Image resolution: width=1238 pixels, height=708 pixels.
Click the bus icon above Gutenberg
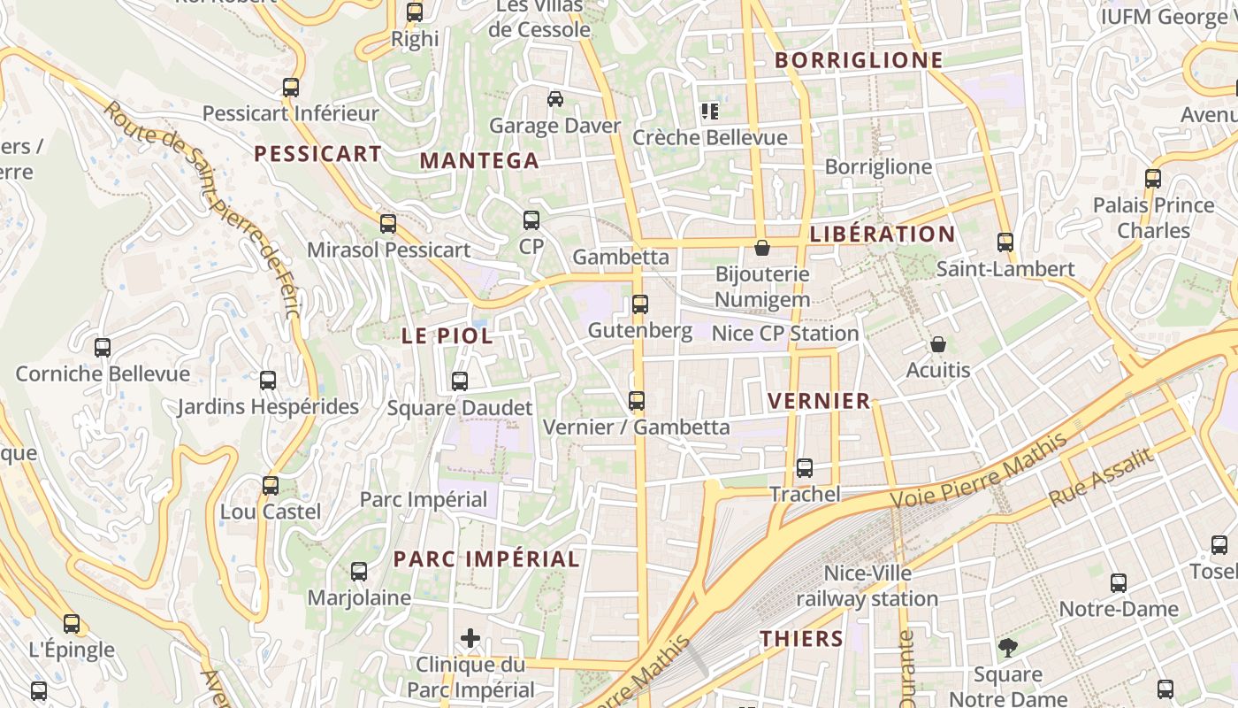640,304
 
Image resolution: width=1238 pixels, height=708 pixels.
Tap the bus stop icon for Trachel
805,468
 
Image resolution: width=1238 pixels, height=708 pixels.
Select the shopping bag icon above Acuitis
937,343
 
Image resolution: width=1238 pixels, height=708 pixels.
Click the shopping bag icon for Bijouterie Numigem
761,248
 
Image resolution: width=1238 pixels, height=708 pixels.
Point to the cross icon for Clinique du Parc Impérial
470,637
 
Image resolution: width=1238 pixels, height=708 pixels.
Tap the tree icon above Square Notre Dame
1007,648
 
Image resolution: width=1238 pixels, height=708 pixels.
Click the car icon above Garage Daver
555,99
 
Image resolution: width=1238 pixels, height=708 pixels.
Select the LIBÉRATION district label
882,235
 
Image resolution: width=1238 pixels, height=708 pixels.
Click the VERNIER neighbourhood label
819,401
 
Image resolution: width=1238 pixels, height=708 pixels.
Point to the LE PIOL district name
447,336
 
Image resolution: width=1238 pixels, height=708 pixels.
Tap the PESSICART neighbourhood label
317,154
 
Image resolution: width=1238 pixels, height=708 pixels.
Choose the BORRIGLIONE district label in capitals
859,60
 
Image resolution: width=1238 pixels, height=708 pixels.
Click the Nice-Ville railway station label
867,586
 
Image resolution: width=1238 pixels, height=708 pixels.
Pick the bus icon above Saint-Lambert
1005,242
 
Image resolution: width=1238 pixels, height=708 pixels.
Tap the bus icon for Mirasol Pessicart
388,224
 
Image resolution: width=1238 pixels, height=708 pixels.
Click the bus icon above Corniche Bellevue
103,348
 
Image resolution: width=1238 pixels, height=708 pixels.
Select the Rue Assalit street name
1102,478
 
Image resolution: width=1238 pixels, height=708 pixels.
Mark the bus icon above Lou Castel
271,486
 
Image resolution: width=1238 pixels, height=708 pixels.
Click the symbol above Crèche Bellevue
709,112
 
